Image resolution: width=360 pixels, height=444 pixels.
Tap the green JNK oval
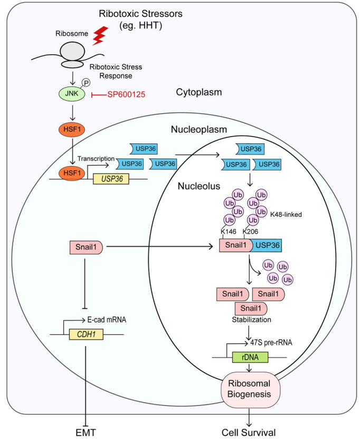point(70,94)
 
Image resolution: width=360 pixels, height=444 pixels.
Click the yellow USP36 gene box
point(111,179)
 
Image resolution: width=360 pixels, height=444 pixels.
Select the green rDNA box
point(250,357)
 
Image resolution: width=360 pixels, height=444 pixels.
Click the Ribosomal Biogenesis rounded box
point(250,391)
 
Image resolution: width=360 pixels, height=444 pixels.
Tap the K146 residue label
point(229,231)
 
